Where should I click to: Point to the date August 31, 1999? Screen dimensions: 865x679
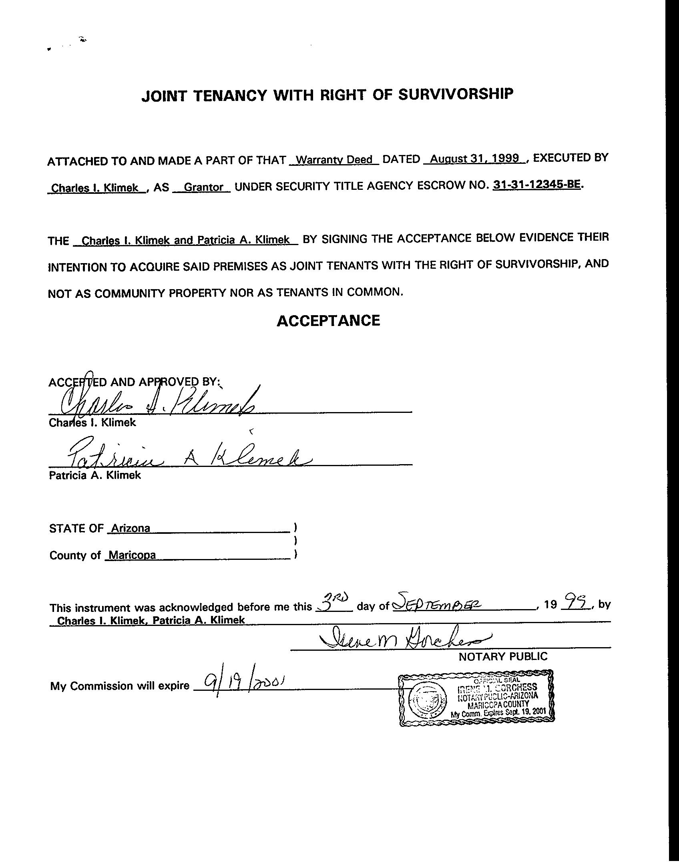[x=475, y=159]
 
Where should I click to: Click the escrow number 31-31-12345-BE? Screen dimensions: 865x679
[x=536, y=185]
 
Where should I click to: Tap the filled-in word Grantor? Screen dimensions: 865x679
[x=203, y=187]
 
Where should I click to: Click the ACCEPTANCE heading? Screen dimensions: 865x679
[x=328, y=321]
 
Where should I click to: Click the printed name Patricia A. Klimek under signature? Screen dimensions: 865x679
[x=95, y=475]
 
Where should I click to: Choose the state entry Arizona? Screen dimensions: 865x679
[x=131, y=528]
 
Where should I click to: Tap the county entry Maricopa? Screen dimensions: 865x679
[x=132, y=555]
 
